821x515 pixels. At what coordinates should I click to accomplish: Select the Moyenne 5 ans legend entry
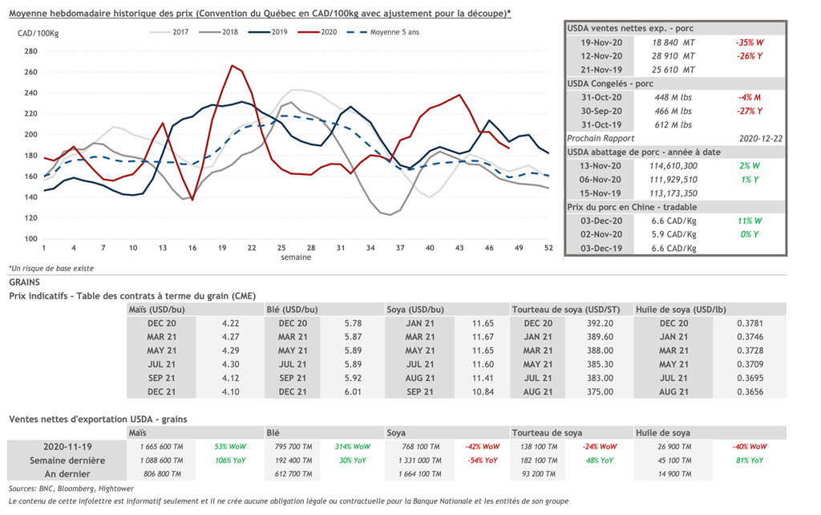[382, 31]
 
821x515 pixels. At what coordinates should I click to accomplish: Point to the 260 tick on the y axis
[31, 71]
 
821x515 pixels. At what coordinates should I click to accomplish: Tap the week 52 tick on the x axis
[548, 247]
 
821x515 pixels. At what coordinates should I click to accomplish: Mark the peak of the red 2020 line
[232, 66]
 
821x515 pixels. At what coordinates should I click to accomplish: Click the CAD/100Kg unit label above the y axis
[38, 33]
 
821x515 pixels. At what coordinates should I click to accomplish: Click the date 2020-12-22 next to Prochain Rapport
[762, 138]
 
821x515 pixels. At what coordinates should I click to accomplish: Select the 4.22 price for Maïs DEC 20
[230, 323]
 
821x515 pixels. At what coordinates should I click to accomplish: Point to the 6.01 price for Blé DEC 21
[353, 391]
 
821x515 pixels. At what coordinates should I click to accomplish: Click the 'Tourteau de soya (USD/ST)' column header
[564, 310]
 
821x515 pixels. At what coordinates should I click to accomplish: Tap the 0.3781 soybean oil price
[750, 323]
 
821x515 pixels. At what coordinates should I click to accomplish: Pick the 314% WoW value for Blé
[353, 446]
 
